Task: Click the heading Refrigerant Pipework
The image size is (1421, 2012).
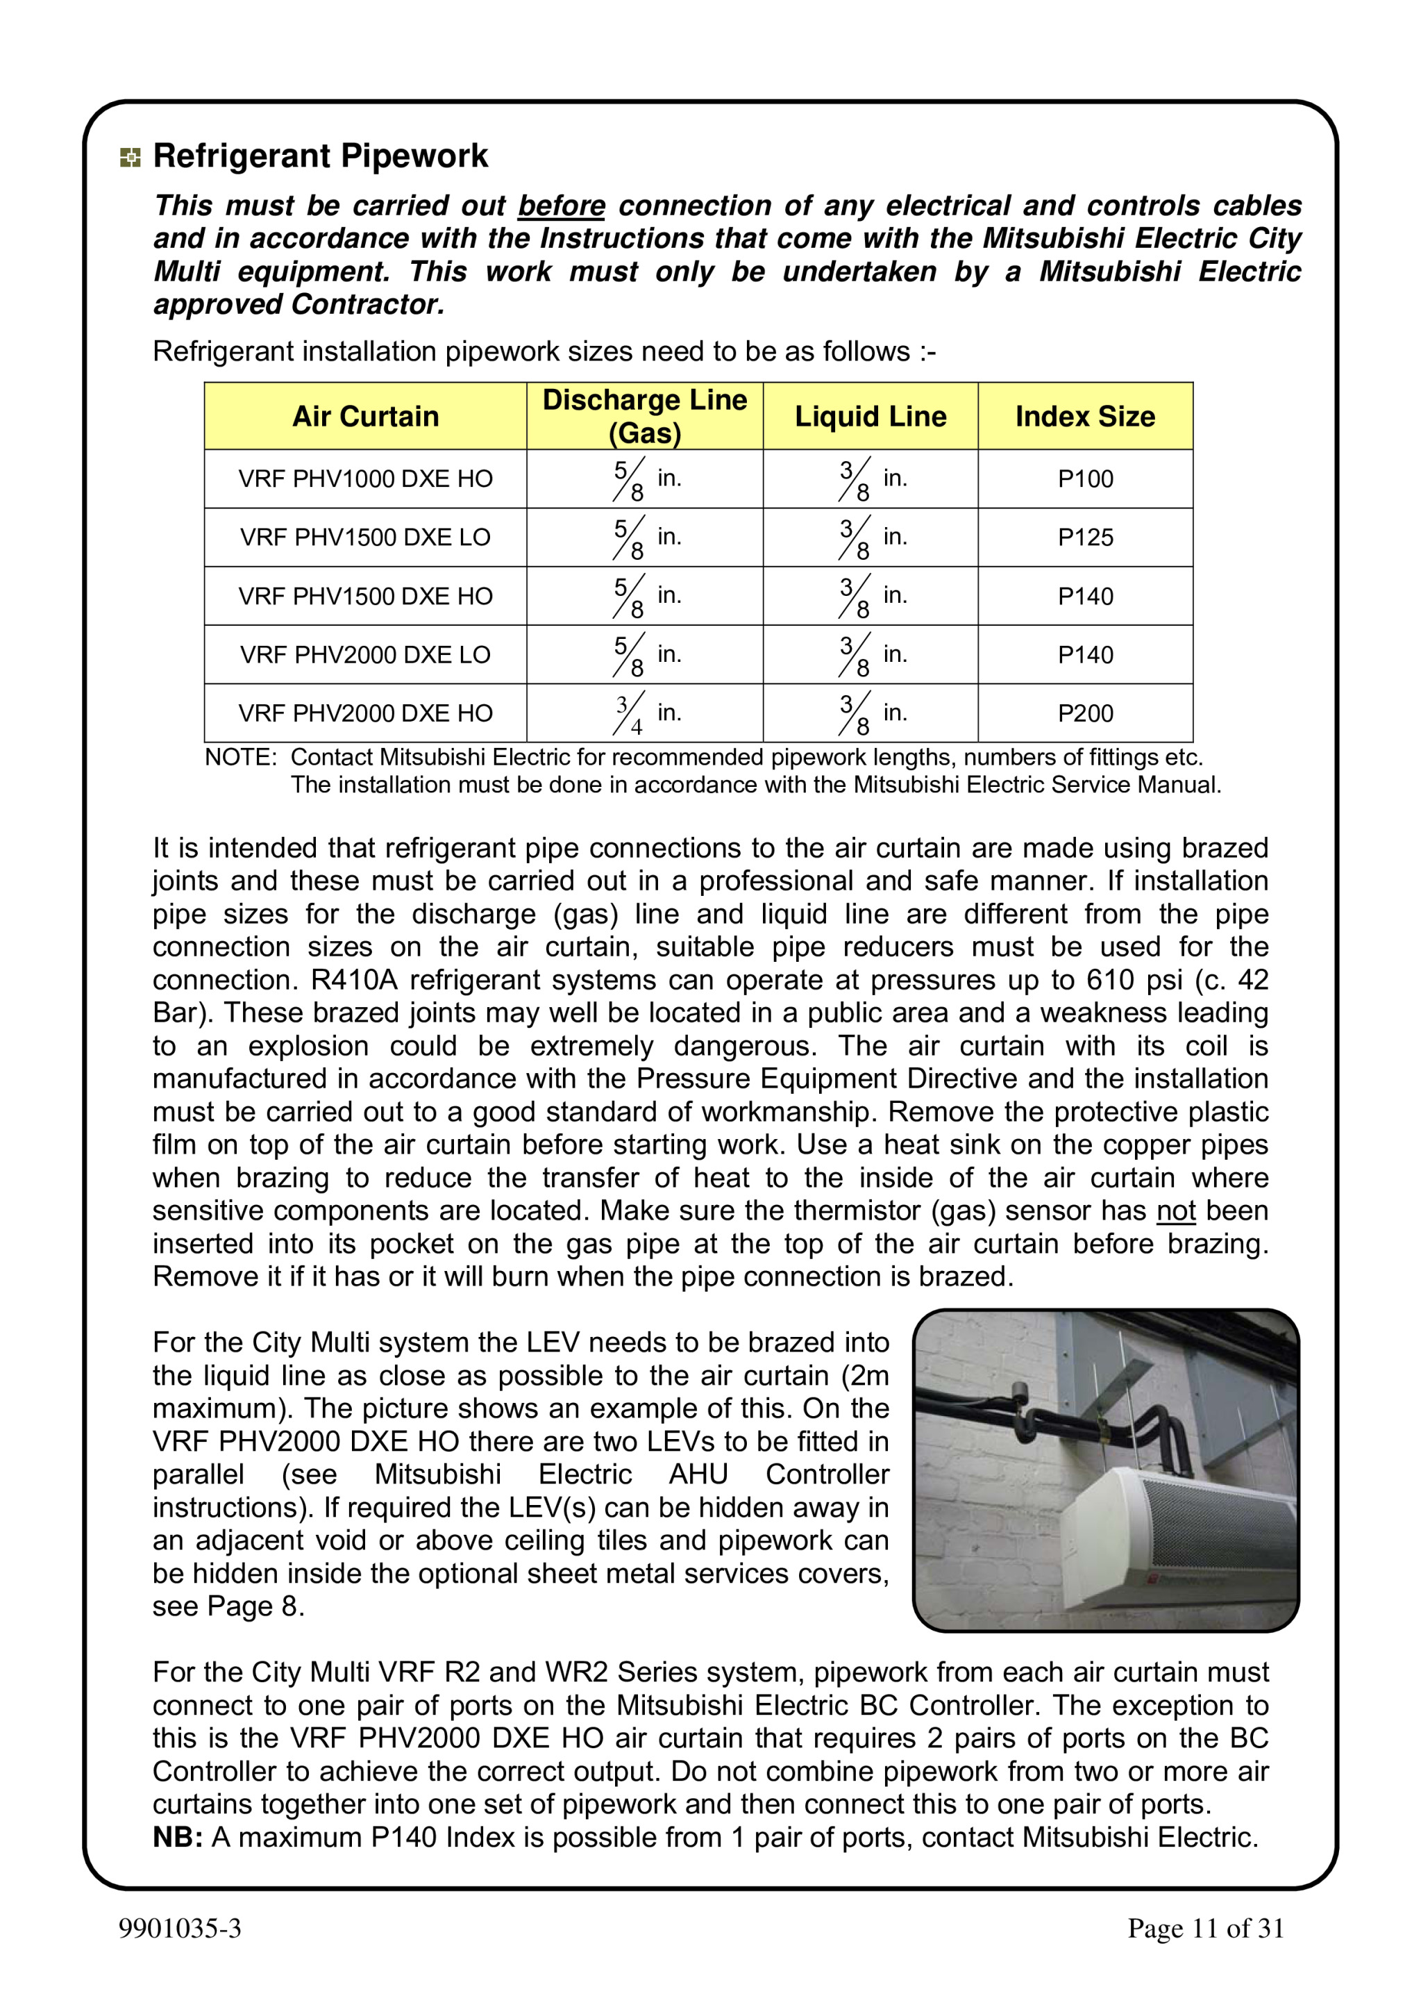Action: [x=320, y=156]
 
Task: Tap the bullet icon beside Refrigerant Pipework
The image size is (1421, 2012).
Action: [x=130, y=158]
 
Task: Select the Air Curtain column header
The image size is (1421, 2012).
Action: [x=365, y=416]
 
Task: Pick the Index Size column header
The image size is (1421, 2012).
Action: [x=1084, y=416]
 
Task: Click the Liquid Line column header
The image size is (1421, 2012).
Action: [x=870, y=416]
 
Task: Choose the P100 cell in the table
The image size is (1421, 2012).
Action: [x=1084, y=479]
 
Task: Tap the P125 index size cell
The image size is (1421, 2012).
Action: [x=1084, y=537]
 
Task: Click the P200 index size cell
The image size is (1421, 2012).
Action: [x=1084, y=713]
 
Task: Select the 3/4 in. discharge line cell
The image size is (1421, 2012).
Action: [x=646, y=713]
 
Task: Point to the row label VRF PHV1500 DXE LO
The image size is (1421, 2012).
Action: [x=365, y=537]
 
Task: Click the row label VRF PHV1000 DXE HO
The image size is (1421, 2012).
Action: [x=365, y=479]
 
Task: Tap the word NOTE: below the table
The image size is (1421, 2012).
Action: [x=240, y=757]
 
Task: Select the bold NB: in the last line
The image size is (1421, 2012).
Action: [x=178, y=1837]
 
